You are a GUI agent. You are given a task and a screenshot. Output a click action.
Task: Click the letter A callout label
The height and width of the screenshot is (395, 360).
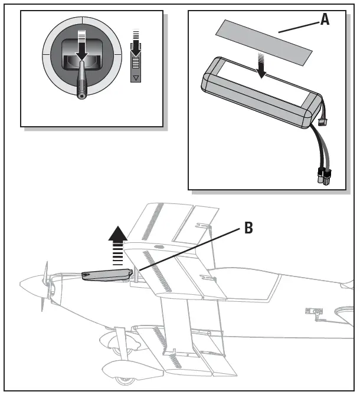(325, 19)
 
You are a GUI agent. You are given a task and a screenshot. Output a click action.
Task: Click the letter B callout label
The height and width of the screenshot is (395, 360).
(248, 228)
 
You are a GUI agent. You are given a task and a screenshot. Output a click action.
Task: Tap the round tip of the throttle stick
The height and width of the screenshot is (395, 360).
(81, 93)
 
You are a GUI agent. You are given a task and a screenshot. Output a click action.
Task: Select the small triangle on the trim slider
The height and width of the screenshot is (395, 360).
(136, 77)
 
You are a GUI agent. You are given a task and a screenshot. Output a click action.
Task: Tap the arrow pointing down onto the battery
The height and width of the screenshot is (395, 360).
(261, 68)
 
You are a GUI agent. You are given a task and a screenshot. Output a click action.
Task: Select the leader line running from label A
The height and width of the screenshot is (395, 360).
(297, 26)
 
